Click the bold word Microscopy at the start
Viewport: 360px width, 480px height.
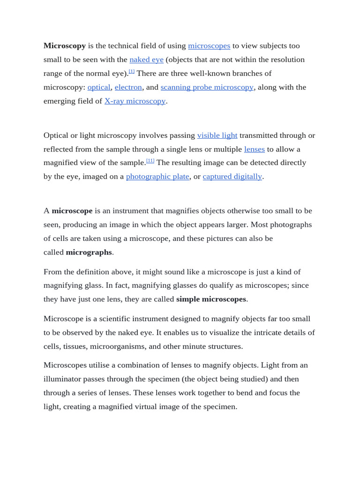click(x=65, y=46)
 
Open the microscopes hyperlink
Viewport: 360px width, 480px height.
click(x=209, y=46)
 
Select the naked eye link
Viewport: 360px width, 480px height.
click(x=146, y=60)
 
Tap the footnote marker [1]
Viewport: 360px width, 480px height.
click(x=132, y=71)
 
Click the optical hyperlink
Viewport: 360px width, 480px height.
click(x=99, y=87)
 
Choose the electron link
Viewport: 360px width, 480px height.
click(x=128, y=87)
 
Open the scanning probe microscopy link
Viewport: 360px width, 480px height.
click(x=207, y=87)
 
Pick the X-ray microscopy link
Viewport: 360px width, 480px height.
click(x=135, y=101)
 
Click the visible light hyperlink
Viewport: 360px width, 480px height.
click(x=217, y=135)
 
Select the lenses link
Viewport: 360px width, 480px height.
click(x=255, y=149)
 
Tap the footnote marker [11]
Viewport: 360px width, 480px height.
click(x=150, y=160)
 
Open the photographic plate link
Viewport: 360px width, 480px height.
click(x=157, y=177)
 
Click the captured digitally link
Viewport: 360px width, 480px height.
click(x=232, y=177)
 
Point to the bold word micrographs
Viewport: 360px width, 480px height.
click(x=89, y=252)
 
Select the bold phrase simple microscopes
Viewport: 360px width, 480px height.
click(x=211, y=299)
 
